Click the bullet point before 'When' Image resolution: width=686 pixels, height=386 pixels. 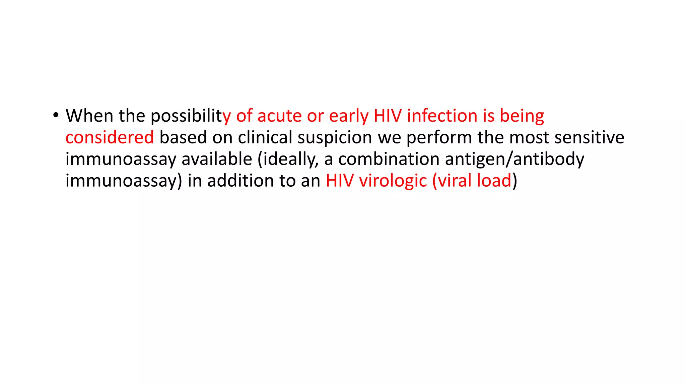click(x=56, y=116)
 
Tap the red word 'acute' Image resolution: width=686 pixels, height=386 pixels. click(x=279, y=116)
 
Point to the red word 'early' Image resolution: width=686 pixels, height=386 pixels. click(x=349, y=116)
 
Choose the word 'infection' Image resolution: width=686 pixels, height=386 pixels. click(x=442, y=116)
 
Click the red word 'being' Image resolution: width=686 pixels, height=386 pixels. click(x=522, y=116)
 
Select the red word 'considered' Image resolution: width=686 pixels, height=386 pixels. click(x=110, y=137)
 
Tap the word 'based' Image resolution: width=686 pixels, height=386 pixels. click(x=183, y=137)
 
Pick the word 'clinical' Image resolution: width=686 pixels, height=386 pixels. click(x=265, y=137)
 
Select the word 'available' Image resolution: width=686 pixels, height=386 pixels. click(x=217, y=159)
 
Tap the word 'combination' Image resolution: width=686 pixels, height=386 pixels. click(x=389, y=159)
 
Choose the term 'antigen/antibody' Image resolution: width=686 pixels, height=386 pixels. click(x=514, y=159)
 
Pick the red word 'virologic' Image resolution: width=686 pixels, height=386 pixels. click(x=393, y=181)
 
